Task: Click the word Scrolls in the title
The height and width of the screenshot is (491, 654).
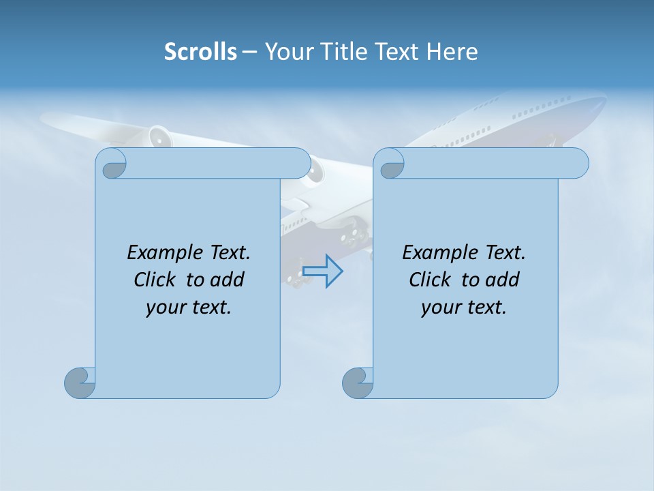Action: [x=200, y=52]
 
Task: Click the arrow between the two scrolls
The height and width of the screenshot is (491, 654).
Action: [x=322, y=271]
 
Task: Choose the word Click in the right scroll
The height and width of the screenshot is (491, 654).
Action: [x=429, y=280]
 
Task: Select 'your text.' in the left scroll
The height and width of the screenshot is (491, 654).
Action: [x=189, y=307]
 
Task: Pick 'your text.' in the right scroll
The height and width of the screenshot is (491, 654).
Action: [x=464, y=307]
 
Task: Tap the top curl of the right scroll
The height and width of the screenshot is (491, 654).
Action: [x=391, y=164]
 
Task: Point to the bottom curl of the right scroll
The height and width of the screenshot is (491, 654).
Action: [x=358, y=383]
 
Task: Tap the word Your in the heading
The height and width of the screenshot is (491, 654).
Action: [x=287, y=52]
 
